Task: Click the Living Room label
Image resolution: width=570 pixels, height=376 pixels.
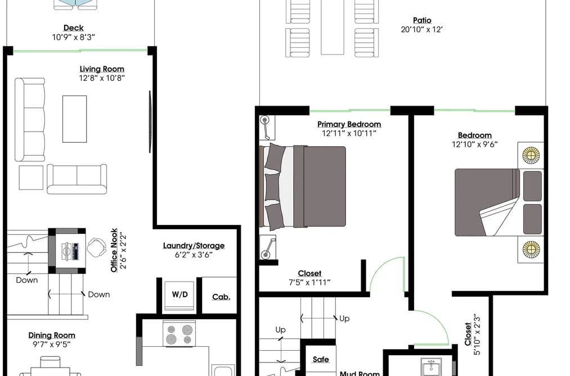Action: click(102, 69)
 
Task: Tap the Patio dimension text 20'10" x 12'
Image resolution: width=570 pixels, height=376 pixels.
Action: click(421, 30)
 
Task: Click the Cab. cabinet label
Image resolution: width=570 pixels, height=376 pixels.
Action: click(221, 297)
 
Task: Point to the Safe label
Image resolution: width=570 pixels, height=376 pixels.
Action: click(321, 359)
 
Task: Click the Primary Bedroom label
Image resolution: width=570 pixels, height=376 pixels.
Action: click(349, 124)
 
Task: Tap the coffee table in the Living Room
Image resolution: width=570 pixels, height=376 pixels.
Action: click(74, 119)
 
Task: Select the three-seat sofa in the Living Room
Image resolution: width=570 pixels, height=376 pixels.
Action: click(30, 120)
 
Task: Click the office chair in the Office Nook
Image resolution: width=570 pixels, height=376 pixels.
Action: click(96, 247)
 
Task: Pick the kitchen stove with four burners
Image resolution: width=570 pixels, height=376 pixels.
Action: click(179, 334)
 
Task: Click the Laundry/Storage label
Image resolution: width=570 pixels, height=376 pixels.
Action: click(194, 246)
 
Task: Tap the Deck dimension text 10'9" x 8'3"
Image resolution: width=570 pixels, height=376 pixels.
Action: click(74, 37)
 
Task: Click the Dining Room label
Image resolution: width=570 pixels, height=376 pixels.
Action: click(52, 336)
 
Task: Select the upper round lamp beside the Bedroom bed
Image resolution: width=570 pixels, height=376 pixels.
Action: click(531, 155)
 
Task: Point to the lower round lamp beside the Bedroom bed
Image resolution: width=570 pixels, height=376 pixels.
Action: click(531, 249)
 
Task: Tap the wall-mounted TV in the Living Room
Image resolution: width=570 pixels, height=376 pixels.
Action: click(150, 121)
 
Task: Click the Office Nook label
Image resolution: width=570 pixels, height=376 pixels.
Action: click(114, 250)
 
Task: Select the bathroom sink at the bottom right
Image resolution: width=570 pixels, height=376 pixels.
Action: click(431, 367)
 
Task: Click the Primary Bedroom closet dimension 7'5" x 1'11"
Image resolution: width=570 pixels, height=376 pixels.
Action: click(309, 282)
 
